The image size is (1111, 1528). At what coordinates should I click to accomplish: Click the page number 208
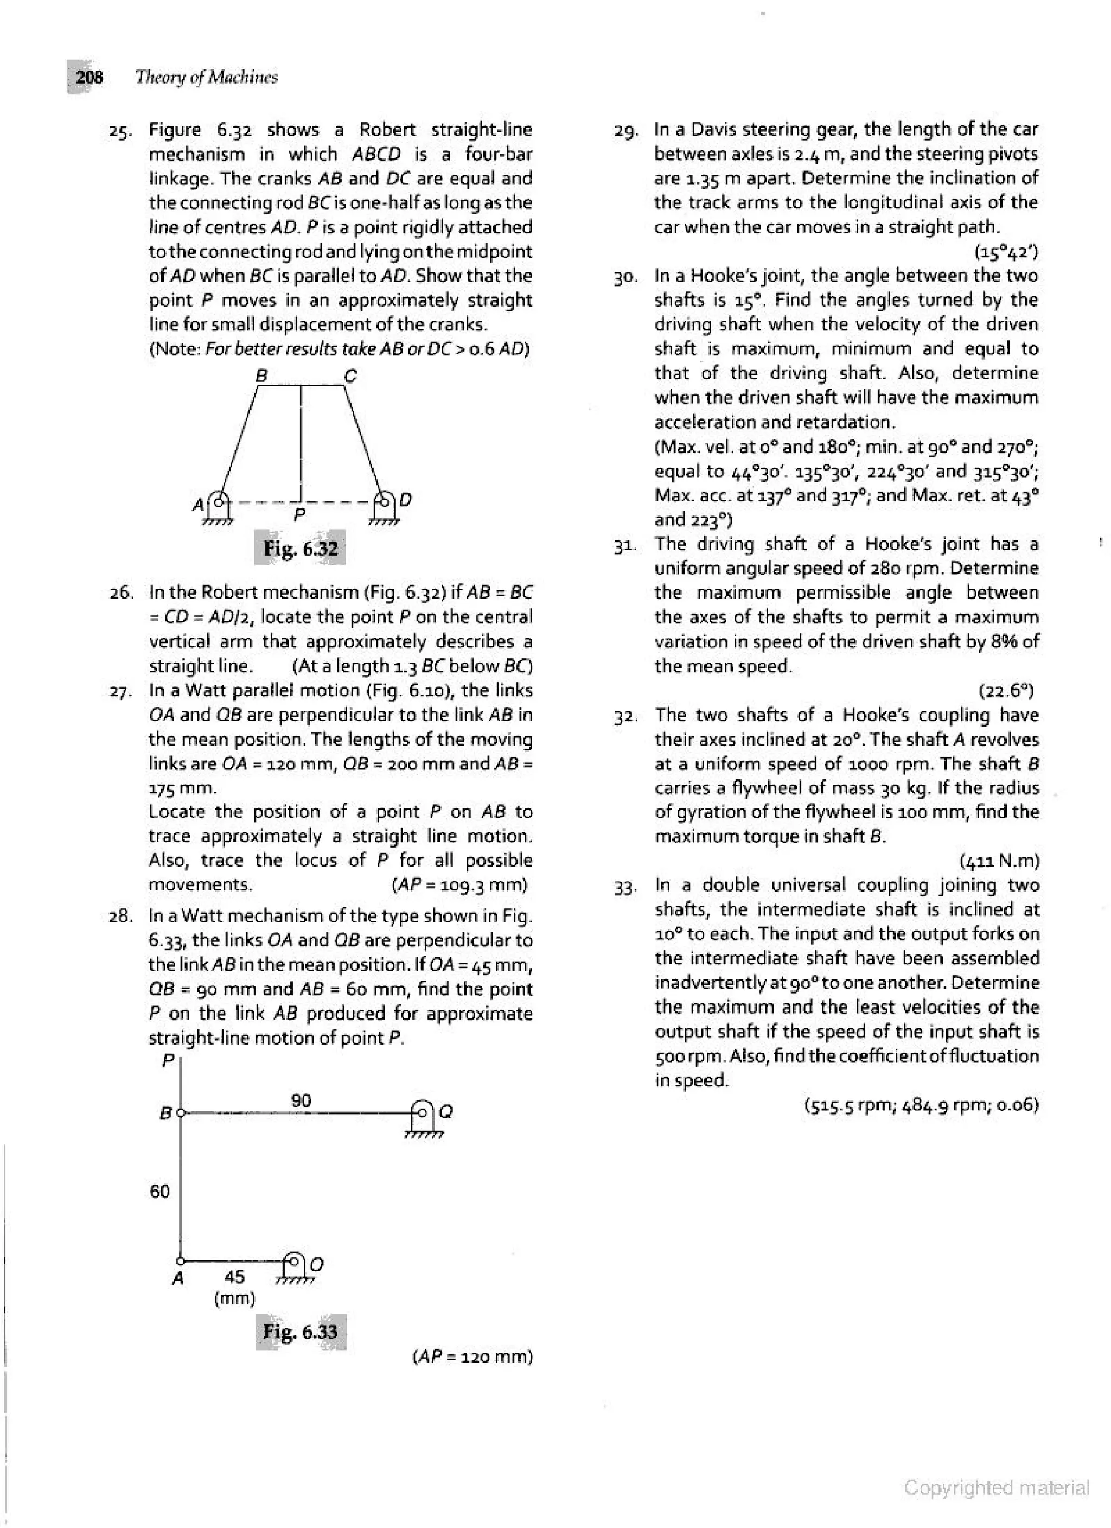[x=89, y=78]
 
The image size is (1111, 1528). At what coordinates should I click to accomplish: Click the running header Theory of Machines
[x=206, y=78]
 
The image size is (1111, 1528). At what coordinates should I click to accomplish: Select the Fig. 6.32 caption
[x=301, y=549]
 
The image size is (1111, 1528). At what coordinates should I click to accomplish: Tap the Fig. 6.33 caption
[x=301, y=1331]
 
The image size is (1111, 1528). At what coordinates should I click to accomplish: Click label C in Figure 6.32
[x=350, y=375]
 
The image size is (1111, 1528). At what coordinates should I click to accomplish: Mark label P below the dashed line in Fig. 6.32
[x=300, y=515]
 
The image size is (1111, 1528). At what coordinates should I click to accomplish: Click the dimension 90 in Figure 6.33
[x=301, y=1100]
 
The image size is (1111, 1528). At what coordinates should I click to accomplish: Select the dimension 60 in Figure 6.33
[x=159, y=1192]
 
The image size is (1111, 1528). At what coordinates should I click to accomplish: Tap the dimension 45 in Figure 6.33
[x=234, y=1277]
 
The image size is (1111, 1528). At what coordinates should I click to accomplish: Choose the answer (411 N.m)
[x=999, y=861]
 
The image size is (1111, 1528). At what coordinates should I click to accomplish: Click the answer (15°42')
[x=1006, y=252]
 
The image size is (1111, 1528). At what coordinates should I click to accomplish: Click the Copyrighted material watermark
[x=997, y=1488]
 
